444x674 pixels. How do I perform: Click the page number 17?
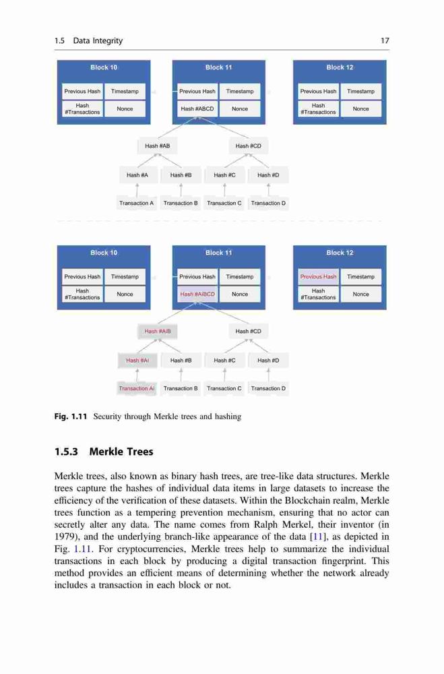[385, 40]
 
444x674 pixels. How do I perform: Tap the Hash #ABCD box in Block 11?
[197, 109]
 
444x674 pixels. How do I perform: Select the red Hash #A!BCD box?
[197, 294]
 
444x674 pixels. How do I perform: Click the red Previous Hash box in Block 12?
[319, 276]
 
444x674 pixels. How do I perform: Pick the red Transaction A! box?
[137, 388]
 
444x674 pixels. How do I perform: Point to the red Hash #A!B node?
[157, 331]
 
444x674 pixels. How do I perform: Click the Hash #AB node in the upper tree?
[157, 146]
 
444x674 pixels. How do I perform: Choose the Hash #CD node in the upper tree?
[249, 146]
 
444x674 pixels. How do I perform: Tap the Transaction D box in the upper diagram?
[268, 203]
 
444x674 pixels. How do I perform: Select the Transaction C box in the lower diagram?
[224, 388]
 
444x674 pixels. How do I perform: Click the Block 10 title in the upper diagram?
[104, 67]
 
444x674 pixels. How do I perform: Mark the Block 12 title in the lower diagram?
[340, 252]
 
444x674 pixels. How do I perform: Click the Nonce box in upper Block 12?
[360, 109]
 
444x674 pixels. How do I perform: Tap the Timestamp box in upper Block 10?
[125, 91]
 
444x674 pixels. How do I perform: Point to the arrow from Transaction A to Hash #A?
[137, 190]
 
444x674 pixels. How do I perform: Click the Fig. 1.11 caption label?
[71, 416]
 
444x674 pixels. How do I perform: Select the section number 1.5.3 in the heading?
[66, 452]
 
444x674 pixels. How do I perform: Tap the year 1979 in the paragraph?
[64, 537]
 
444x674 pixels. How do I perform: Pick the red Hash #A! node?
[137, 360]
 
